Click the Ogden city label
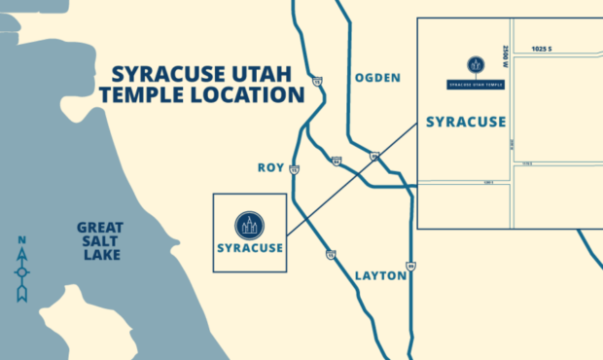(377, 78)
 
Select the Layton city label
(380, 275)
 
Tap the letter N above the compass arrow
(21, 240)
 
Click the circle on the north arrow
(21, 271)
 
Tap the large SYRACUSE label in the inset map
(466, 122)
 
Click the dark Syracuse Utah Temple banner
(476, 85)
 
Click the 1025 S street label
(542, 49)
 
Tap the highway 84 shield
(336, 162)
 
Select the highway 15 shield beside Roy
(295, 169)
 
